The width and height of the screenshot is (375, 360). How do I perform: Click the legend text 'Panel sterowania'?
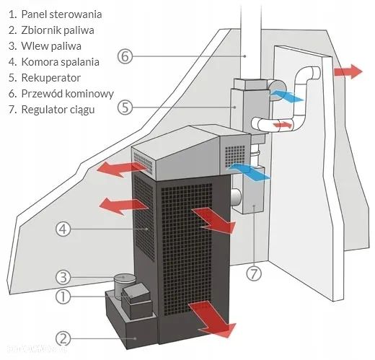61,14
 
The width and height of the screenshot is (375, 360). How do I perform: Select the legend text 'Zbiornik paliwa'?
61,30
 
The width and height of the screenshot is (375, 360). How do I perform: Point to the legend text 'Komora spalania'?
61,61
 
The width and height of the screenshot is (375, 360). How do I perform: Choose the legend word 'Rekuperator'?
51,77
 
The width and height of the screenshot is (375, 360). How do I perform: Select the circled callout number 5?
125,107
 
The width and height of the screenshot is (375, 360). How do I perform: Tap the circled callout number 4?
63,229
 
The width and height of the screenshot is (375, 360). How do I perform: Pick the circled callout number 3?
63,277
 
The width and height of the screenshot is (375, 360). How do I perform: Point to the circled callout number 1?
63,296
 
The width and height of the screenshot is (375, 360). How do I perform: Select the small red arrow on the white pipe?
283,125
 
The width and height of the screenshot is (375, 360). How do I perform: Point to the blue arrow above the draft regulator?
247,171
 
